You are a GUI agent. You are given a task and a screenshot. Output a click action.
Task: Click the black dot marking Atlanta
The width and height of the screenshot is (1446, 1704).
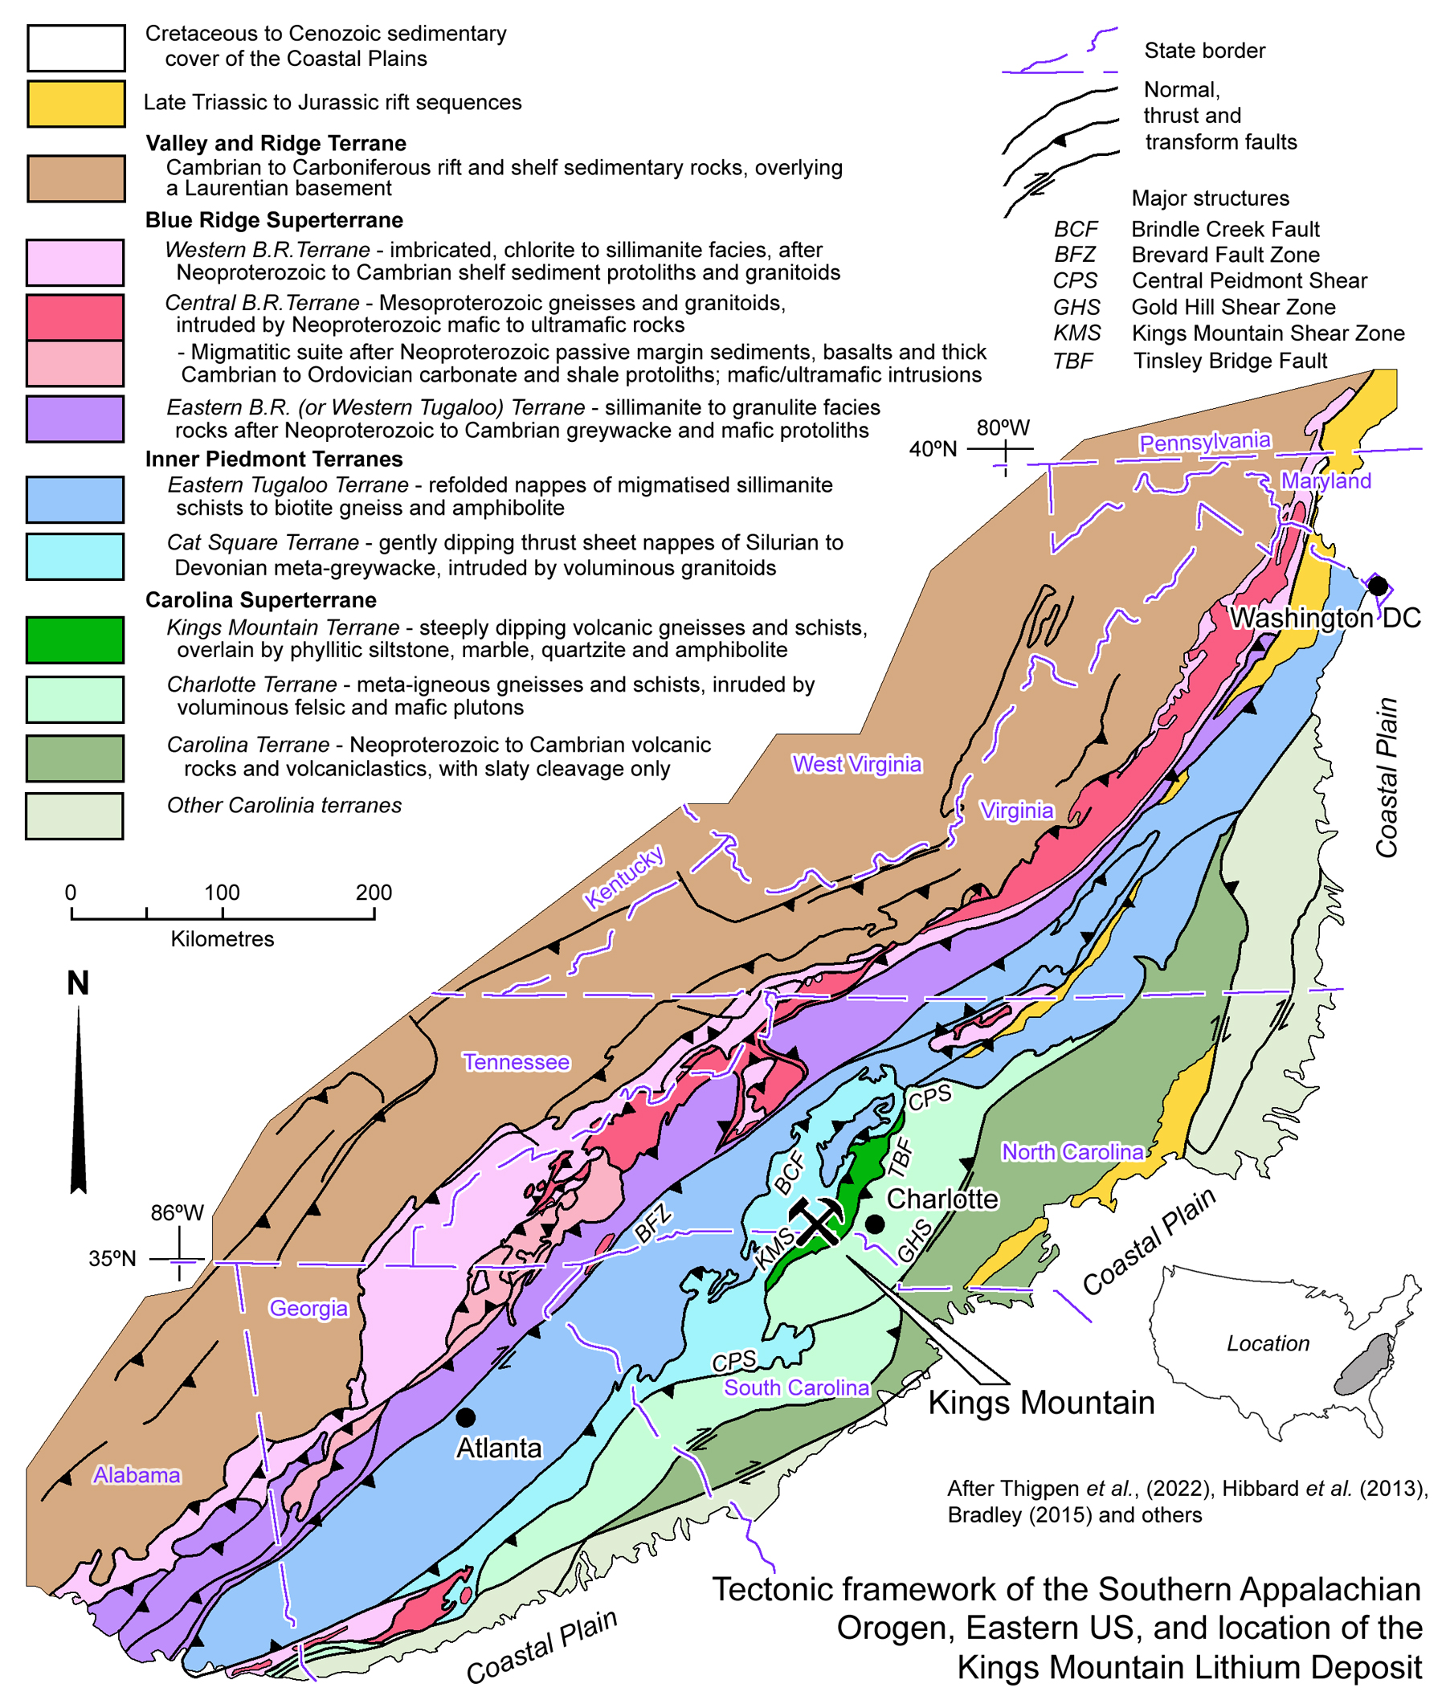pyautogui.click(x=466, y=1417)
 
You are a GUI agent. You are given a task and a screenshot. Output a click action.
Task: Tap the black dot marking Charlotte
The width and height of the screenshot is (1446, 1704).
pyautogui.click(x=875, y=1224)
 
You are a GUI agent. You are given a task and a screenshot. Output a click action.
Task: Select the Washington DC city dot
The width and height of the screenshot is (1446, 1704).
pyautogui.click(x=1378, y=586)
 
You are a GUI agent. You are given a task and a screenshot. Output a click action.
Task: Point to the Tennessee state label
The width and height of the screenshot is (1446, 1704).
pyautogui.click(x=516, y=1062)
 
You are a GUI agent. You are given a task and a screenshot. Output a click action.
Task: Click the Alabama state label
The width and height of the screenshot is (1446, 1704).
pyautogui.click(x=136, y=1475)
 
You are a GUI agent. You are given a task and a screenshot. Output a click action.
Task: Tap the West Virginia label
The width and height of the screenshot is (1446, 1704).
pyautogui.click(x=856, y=764)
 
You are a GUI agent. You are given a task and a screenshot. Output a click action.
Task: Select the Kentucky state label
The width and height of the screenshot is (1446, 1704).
pyautogui.click(x=624, y=877)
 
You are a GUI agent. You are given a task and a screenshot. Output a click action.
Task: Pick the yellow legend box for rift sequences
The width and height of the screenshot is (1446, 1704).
pyautogui.click(x=76, y=104)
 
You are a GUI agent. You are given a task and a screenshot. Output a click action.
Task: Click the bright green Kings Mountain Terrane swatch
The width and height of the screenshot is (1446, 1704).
pyautogui.click(x=75, y=640)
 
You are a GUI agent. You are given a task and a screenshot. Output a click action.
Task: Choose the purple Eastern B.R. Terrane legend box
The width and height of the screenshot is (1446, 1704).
pyautogui.click(x=75, y=419)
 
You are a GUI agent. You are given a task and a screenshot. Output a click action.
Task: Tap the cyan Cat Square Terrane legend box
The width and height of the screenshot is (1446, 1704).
pyautogui.click(x=75, y=557)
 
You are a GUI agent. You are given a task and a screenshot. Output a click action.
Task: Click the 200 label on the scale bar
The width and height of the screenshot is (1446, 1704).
pyautogui.click(x=374, y=893)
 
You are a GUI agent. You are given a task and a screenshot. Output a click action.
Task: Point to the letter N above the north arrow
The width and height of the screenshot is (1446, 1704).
pyautogui.click(x=78, y=983)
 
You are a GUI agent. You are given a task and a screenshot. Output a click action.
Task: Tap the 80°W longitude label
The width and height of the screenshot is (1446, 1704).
pyautogui.click(x=1003, y=428)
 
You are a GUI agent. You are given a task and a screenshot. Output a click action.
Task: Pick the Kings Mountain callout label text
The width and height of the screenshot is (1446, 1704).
pyautogui.click(x=1041, y=1403)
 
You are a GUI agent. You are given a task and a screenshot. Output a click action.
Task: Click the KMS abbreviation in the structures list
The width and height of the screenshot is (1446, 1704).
pyautogui.click(x=1076, y=333)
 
